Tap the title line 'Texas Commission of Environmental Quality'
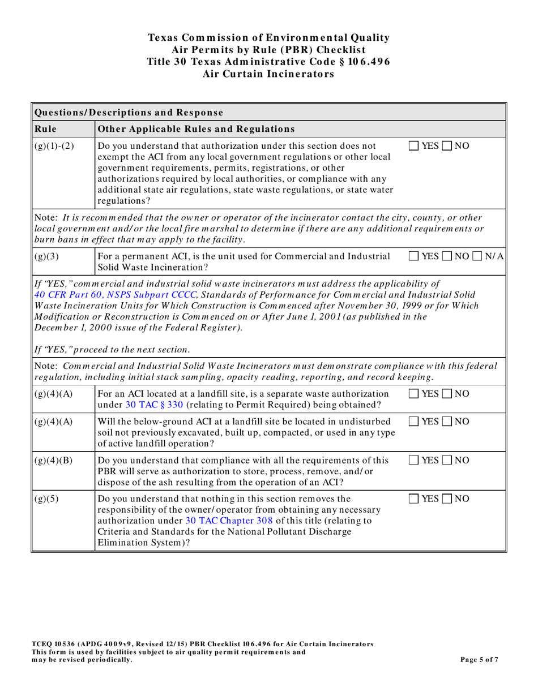(x=268, y=38)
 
